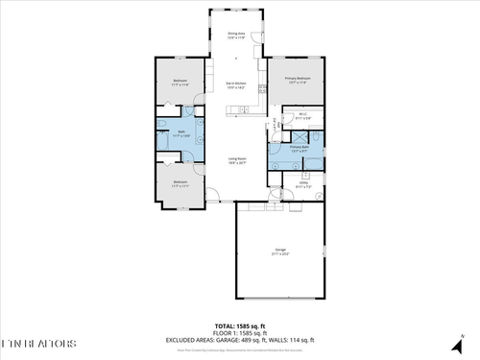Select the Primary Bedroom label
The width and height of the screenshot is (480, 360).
(298, 80)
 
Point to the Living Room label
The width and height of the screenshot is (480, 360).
(238, 160)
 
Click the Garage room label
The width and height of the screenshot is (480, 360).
(280, 252)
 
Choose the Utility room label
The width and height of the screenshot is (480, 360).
(301, 185)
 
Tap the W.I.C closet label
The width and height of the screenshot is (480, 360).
(301, 117)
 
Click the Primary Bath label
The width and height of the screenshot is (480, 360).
(299, 148)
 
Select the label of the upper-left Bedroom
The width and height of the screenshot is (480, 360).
(180, 83)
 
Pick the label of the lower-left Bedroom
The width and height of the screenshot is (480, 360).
(180, 183)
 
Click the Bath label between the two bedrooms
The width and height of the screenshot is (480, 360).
(180, 133)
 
